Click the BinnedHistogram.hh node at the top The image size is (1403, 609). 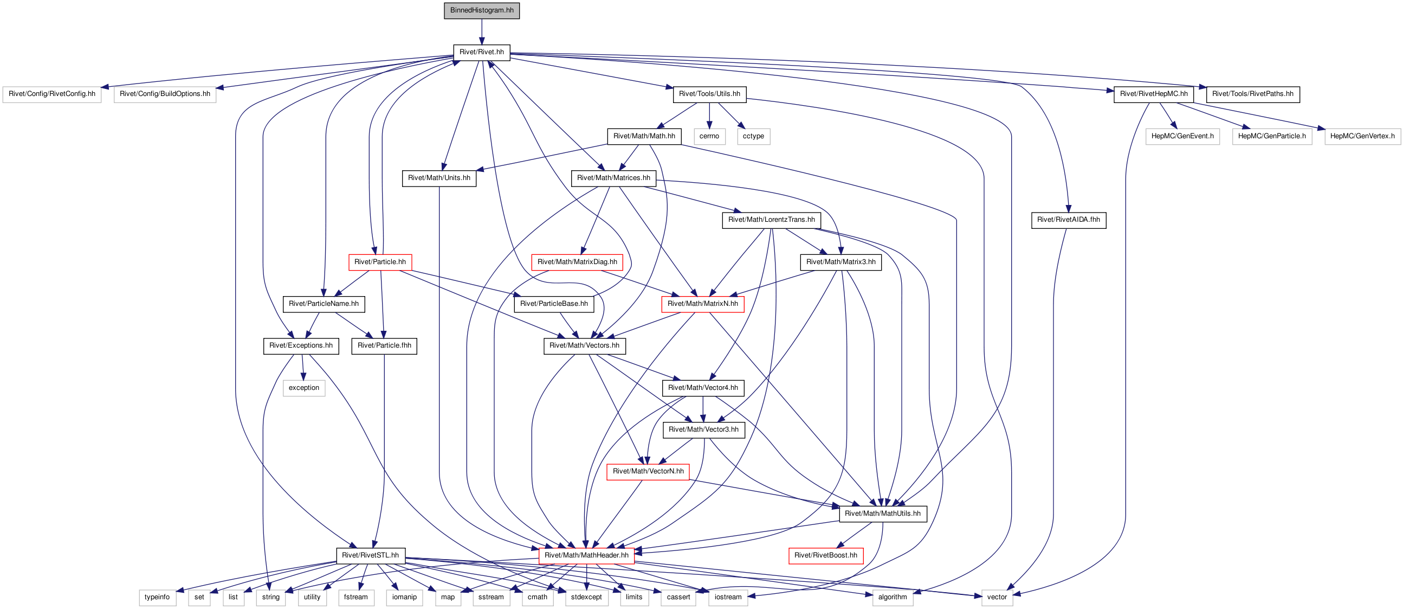pyautogui.click(x=481, y=10)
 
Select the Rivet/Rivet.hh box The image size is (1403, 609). pyautogui.click(x=481, y=53)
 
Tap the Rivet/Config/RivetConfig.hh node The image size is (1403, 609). pyautogui.click(x=51, y=94)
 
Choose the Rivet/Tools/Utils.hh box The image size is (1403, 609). pyautogui.click(x=709, y=94)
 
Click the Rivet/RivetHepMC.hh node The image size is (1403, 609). pyautogui.click(x=1154, y=94)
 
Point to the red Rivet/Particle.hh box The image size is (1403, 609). pyautogui.click(x=380, y=262)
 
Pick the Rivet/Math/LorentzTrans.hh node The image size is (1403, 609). pyautogui.click(x=771, y=220)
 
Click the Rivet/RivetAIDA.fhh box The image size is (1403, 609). pyautogui.click(x=1069, y=220)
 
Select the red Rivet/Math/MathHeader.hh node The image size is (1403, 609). pyautogui.click(x=586, y=555)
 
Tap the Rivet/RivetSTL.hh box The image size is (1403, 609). pyautogui.click(x=370, y=555)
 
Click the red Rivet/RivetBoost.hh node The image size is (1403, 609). pyautogui.click(x=826, y=555)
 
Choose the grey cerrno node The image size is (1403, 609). pyautogui.click(x=709, y=136)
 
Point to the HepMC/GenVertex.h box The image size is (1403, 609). pyautogui.click(x=1362, y=136)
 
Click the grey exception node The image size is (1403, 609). pyautogui.click(x=304, y=388)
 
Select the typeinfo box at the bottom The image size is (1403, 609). pyautogui.click(x=157, y=598)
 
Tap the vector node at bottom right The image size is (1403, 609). pyautogui.click(x=997, y=598)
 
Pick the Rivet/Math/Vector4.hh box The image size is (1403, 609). pyautogui.click(x=703, y=388)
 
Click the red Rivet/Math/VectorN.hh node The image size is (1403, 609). pyautogui.click(x=648, y=472)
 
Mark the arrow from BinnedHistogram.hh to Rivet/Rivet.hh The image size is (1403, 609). pyautogui.click(x=481, y=31)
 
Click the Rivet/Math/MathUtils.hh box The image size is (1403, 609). pyautogui.click(x=883, y=514)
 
